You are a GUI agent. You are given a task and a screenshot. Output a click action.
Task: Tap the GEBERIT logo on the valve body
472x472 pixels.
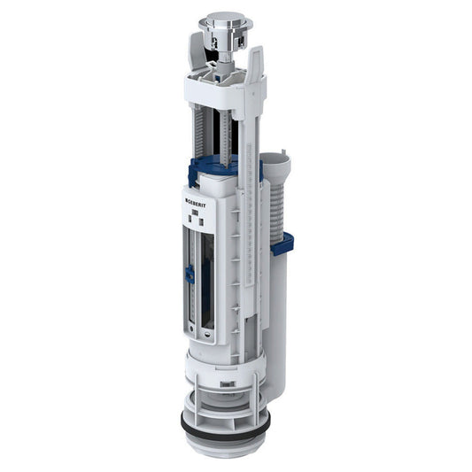pos(196,202)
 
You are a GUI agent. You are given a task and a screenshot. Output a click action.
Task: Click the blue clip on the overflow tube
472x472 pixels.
pos(282,241)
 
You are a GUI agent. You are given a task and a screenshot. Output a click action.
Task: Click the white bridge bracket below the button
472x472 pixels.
pos(221,87)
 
